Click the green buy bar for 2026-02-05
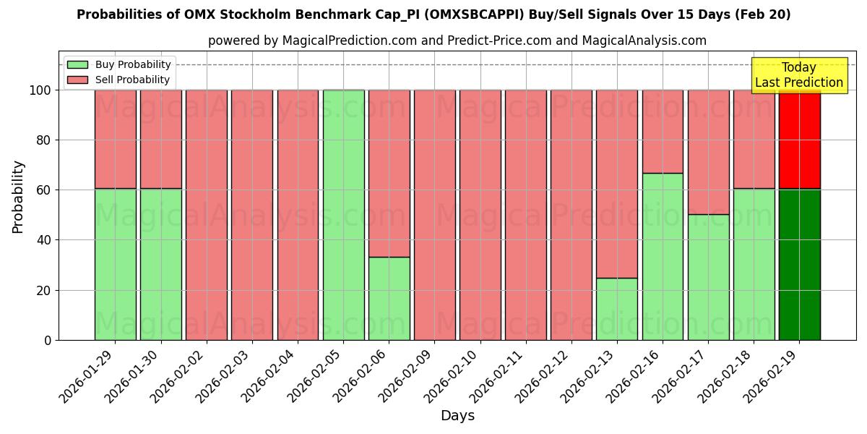pyautogui.click(x=343, y=215)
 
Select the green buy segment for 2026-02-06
pyautogui.click(x=389, y=298)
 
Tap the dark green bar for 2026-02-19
pyautogui.click(x=799, y=264)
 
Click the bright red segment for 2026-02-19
pyautogui.click(x=799, y=140)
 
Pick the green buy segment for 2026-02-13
pyautogui.click(x=617, y=309)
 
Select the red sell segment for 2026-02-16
pyautogui.click(x=663, y=132)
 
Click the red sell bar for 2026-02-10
pyautogui.click(x=480, y=215)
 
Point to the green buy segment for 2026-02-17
pyautogui.click(x=708, y=277)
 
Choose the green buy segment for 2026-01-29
pyautogui.click(x=115, y=264)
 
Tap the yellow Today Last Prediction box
pyautogui.click(x=798, y=75)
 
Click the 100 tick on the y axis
pyautogui.click(x=40, y=90)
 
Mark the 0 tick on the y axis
pyautogui.click(x=47, y=340)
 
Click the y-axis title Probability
pyautogui.click(x=18, y=196)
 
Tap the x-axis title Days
pyautogui.click(x=457, y=416)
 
